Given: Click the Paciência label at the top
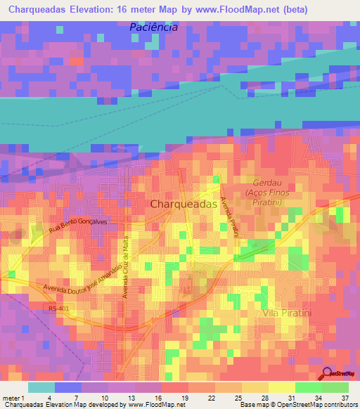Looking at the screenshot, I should [153, 27].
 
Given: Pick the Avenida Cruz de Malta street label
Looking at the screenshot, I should [127, 265].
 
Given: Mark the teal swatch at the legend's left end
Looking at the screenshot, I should [41, 387].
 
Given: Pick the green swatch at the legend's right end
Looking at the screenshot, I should [336, 387].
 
